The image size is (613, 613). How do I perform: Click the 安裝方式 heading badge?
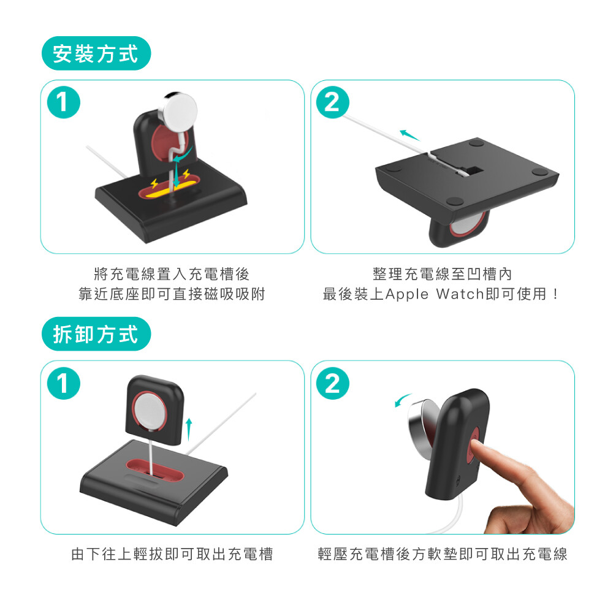tap(96, 53)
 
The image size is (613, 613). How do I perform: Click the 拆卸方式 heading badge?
tap(96, 334)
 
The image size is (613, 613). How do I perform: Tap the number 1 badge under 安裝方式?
tap(63, 102)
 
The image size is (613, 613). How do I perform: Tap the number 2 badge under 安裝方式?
tap(332, 102)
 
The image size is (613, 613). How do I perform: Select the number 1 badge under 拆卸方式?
tap(63, 383)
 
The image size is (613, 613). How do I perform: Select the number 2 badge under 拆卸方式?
tap(332, 383)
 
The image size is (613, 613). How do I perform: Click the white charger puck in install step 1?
tap(179, 110)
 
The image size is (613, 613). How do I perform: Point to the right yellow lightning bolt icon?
tap(186, 173)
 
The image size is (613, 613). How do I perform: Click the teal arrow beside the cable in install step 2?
tap(409, 135)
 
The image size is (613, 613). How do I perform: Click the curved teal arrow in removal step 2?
tap(402, 400)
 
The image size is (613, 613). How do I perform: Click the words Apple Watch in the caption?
tap(435, 294)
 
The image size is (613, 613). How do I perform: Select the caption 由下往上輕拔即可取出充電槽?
tap(172, 554)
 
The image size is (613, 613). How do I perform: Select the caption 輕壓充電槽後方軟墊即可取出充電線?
tap(443, 554)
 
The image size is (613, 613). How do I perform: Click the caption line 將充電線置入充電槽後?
tap(172, 273)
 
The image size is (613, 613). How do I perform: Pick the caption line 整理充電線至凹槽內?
tap(443, 273)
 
